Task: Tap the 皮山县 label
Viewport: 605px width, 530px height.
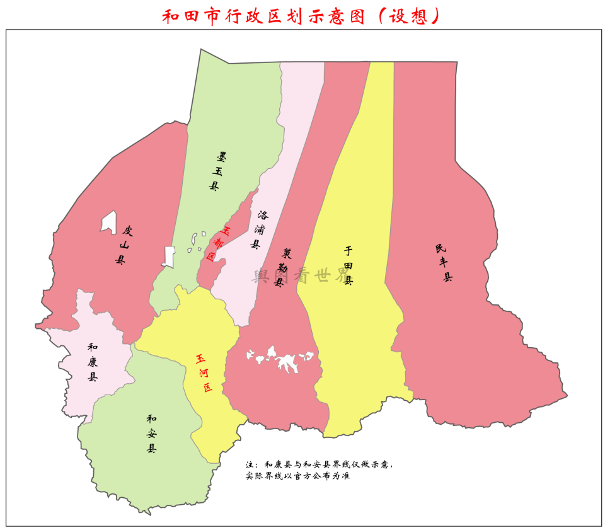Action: [123, 245]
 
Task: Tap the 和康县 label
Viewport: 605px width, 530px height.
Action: [93, 362]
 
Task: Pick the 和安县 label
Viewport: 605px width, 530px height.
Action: [151, 434]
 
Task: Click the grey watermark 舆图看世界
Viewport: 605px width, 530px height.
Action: [300, 275]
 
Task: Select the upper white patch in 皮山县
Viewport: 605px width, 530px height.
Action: [109, 221]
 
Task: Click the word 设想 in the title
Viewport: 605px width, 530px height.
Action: [412, 16]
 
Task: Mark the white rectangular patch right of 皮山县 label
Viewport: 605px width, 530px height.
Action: [168, 256]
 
